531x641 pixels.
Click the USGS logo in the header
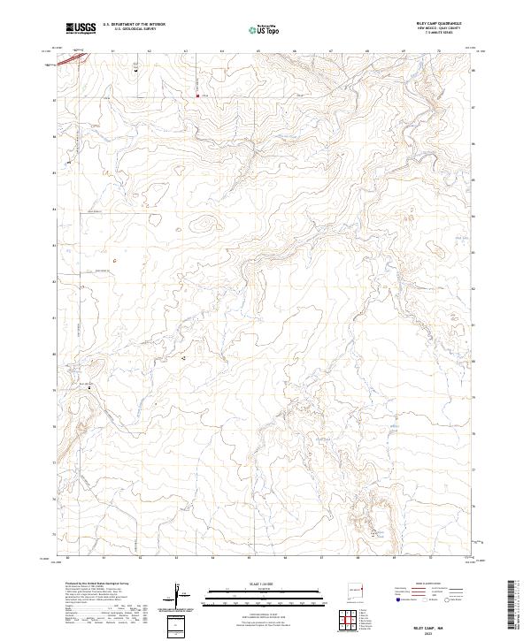point(81,28)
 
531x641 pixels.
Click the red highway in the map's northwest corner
point(78,57)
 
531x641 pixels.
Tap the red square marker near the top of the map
point(196,95)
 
